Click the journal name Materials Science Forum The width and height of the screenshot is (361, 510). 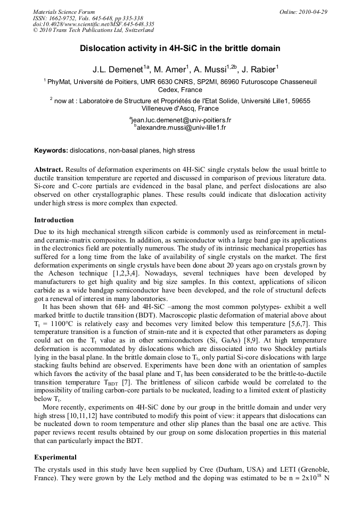point(64,12)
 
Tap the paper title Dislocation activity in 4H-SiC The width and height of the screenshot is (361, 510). point(180,48)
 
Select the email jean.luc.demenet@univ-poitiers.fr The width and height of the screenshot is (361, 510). point(180,120)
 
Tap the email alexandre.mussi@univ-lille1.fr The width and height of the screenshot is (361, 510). point(180,128)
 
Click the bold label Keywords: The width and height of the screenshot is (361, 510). point(51,151)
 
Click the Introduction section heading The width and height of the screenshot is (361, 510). point(54,220)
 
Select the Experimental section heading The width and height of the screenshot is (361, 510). point(55,457)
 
